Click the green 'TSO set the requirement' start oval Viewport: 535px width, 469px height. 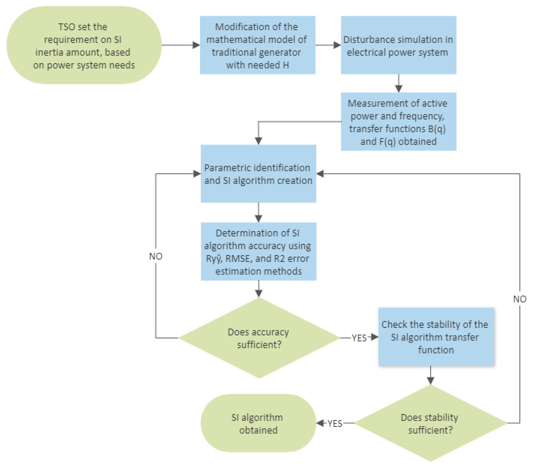click(x=84, y=45)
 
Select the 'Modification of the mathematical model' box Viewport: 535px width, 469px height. click(x=258, y=45)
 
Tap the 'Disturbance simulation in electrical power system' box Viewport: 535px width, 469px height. click(x=398, y=45)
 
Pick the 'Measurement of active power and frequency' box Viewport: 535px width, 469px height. click(x=398, y=121)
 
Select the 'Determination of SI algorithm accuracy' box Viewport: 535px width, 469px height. click(x=258, y=251)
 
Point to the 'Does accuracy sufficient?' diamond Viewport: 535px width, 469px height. click(x=259, y=338)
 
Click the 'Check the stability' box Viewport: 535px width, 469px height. click(x=436, y=337)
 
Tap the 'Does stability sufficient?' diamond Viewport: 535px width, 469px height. click(x=430, y=423)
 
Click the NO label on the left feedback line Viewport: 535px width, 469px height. click(x=156, y=256)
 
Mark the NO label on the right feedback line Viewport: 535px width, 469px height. click(x=520, y=299)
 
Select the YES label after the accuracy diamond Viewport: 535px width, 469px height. click(x=359, y=338)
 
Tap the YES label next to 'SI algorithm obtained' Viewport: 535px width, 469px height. click(x=335, y=423)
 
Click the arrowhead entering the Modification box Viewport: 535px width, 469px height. click(x=196, y=45)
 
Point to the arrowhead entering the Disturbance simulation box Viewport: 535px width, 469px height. click(x=337, y=45)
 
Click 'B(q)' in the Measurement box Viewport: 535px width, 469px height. click(x=437, y=129)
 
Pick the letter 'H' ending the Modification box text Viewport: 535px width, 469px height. click(x=286, y=65)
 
